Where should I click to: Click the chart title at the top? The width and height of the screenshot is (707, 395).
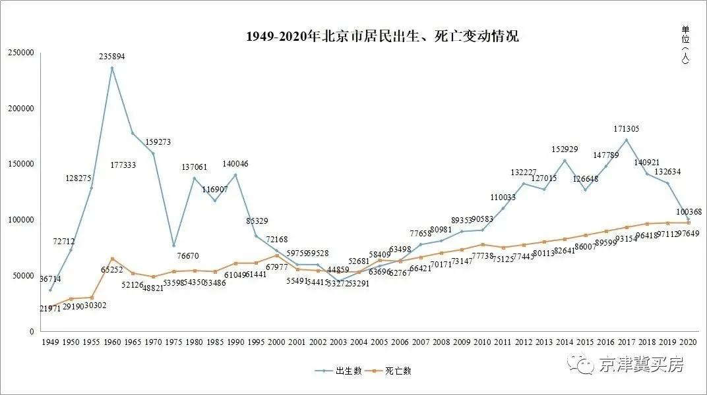click(x=382, y=36)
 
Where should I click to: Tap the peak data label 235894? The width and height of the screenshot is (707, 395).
click(x=112, y=57)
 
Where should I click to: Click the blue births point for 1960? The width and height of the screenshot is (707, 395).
click(x=112, y=68)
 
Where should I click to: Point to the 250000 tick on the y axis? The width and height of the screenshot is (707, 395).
click(x=20, y=53)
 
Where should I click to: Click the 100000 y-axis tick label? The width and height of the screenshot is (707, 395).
click(x=20, y=220)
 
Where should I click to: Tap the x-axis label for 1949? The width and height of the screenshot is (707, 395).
click(x=50, y=342)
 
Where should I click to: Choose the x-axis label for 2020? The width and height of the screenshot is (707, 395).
click(x=688, y=342)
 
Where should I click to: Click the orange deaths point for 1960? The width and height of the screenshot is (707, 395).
click(x=112, y=259)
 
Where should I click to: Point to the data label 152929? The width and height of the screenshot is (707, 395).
click(x=564, y=149)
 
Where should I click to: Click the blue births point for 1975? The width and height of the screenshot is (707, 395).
click(x=174, y=246)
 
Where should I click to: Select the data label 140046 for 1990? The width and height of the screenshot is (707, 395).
click(x=235, y=164)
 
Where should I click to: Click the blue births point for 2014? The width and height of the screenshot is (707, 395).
click(x=565, y=160)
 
